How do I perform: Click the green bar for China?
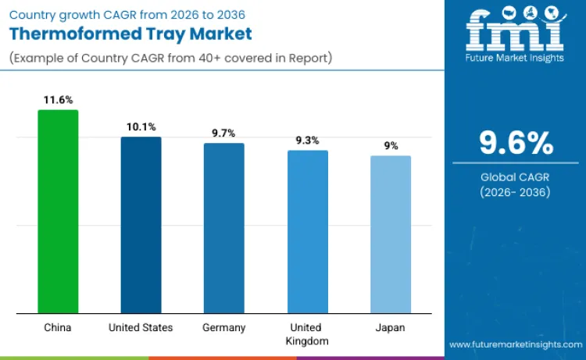click(x=58, y=212)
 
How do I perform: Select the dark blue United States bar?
click(x=141, y=225)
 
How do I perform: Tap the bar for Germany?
click(x=224, y=228)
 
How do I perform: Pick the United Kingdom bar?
click(x=308, y=232)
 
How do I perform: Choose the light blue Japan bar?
click(x=391, y=234)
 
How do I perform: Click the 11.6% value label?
click(x=58, y=100)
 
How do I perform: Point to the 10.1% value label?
click(x=141, y=127)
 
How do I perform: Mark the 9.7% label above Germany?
click(x=224, y=133)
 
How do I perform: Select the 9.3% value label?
click(x=308, y=141)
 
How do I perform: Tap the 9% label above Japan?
click(x=391, y=145)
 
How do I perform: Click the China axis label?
click(x=58, y=328)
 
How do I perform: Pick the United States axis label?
click(x=141, y=328)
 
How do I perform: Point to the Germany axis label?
click(x=224, y=328)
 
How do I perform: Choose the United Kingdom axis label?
click(x=308, y=334)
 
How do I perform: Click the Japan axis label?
click(x=391, y=328)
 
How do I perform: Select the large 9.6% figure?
click(x=516, y=144)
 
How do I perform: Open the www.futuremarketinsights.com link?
click(x=515, y=344)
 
